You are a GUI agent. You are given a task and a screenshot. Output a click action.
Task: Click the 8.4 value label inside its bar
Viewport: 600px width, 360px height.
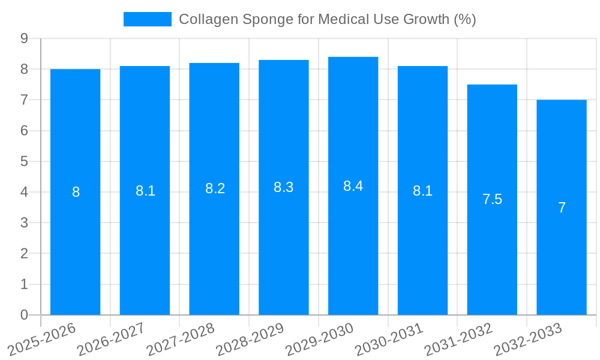coord(353,186)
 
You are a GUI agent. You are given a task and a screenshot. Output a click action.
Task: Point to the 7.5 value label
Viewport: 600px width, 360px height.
coord(492,200)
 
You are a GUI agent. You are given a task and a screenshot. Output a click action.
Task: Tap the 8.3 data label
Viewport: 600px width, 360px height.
coord(283,187)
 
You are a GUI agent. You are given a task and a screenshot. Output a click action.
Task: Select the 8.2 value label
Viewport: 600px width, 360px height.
coord(215,188)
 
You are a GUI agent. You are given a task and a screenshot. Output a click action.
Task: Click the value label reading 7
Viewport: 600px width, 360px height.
coord(562,208)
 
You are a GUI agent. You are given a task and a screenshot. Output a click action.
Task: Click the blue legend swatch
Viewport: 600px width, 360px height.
coord(147,19)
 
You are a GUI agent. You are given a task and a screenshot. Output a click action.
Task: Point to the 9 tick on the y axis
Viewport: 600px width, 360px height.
coord(24,38)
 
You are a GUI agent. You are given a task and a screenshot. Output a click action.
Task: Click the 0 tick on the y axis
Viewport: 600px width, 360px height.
coord(24,315)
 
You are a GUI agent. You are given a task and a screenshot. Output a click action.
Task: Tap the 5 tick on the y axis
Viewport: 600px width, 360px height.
coord(24,161)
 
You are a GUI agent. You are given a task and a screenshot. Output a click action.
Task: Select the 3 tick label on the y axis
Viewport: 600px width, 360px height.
coord(24,223)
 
